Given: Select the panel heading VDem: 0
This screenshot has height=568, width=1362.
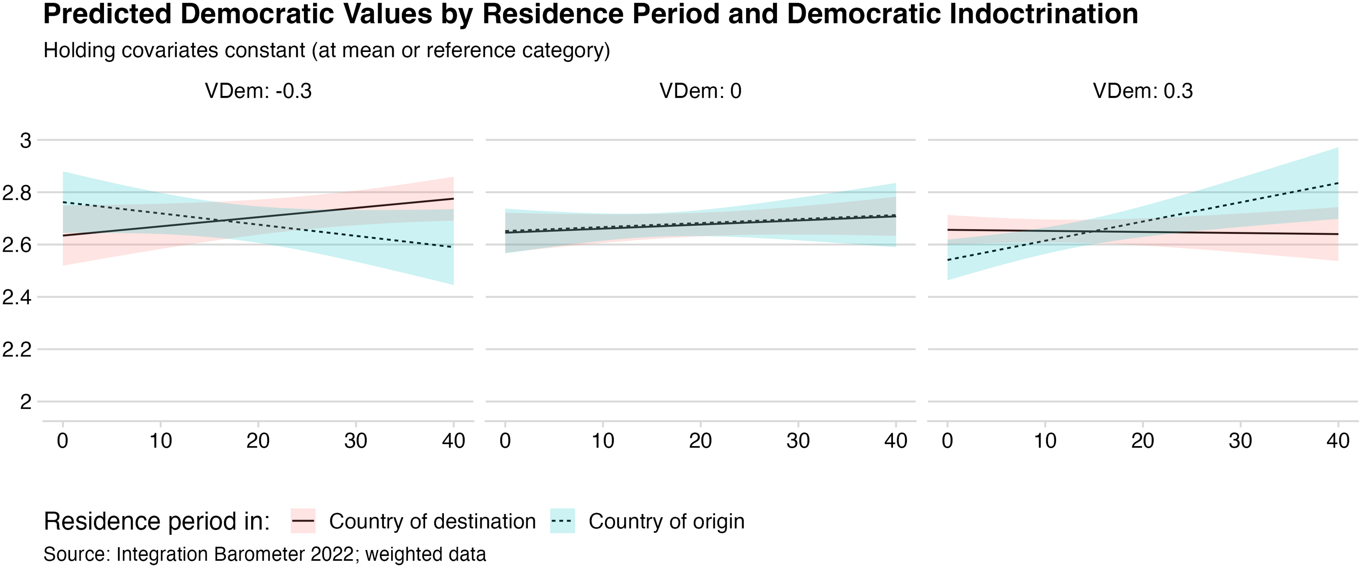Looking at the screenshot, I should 700,91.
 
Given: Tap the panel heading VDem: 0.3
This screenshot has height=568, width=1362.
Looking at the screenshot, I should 1143,91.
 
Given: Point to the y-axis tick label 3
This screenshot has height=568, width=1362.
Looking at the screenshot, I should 26,141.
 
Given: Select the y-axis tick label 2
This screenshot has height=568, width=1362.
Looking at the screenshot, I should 26,402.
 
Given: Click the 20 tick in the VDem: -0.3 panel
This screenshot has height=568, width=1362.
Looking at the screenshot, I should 258,441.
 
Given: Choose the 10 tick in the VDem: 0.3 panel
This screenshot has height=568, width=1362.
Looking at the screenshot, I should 1045,441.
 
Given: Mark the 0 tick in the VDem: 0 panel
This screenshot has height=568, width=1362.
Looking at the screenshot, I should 505,441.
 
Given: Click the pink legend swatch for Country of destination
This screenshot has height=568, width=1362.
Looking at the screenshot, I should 303,521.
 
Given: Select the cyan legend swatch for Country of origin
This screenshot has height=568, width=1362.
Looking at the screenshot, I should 562,521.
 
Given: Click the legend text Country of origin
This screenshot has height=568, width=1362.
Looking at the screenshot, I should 666,522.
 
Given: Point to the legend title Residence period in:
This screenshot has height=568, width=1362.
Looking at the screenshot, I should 156,522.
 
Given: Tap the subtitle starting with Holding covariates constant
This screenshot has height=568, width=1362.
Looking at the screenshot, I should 326,51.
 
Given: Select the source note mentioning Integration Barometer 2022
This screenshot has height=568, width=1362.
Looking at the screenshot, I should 265,554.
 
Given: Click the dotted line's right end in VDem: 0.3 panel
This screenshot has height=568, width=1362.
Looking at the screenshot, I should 1338,183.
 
